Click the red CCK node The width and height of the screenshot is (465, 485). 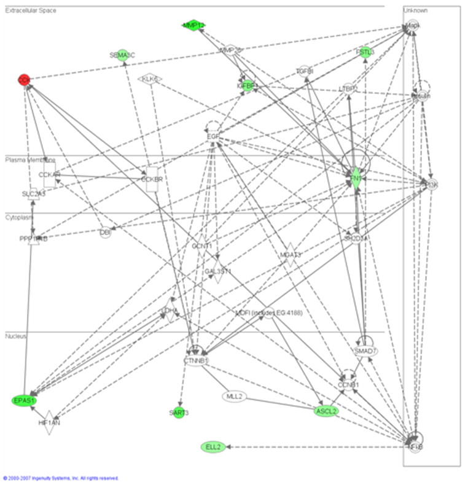click(24, 80)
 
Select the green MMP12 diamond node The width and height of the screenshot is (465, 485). click(194, 25)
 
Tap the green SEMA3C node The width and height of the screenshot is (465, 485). click(122, 55)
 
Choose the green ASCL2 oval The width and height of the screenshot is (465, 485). click(326, 411)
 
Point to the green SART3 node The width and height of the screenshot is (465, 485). click(179, 413)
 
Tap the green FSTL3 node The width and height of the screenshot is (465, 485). click(365, 52)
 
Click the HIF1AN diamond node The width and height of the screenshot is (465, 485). click(50, 422)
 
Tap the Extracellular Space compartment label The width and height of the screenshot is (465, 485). click(31, 11)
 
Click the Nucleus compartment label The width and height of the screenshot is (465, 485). click(15, 336)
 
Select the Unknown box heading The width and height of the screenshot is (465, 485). click(416, 11)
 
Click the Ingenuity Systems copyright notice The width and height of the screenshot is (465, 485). click(60, 478)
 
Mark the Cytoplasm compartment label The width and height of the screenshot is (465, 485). click(20, 217)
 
